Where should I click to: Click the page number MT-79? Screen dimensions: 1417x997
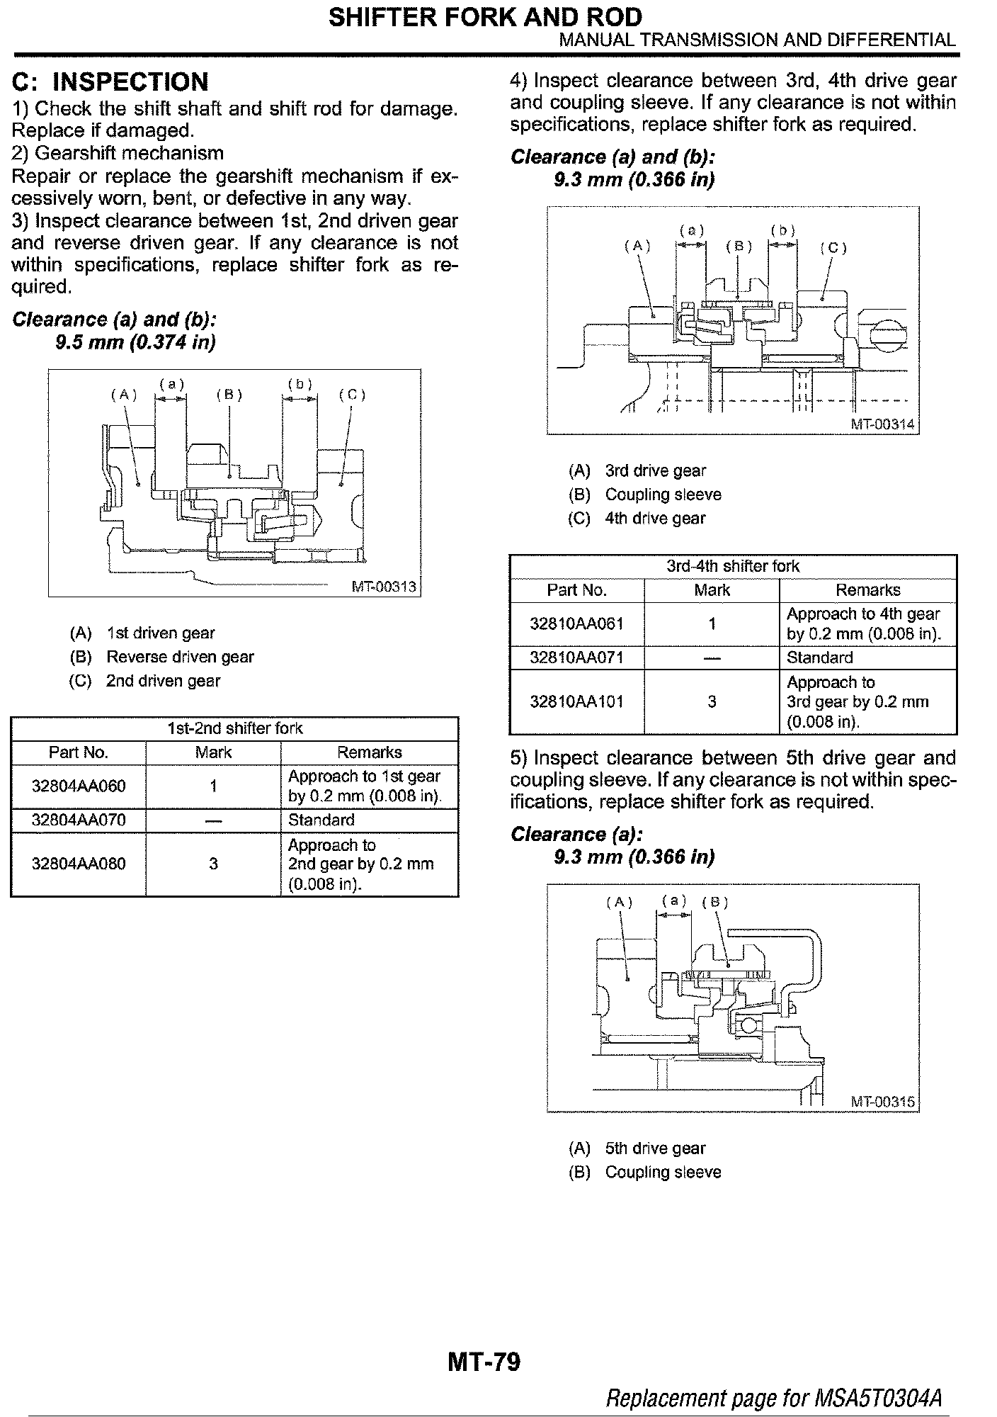pyautogui.click(x=484, y=1361)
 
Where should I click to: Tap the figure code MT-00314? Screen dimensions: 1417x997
pyautogui.click(x=882, y=424)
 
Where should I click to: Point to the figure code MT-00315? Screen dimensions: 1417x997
pyautogui.click(x=882, y=1102)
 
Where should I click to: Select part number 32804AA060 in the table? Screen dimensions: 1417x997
pyautogui.click(x=79, y=786)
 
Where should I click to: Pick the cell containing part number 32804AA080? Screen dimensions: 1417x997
pyautogui.click(x=79, y=864)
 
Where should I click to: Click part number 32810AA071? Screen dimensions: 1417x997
pyautogui.click(x=576, y=657)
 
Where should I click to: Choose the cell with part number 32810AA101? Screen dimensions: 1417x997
pyautogui.click(x=576, y=701)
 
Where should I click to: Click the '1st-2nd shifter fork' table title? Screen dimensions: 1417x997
pyautogui.click(x=234, y=728)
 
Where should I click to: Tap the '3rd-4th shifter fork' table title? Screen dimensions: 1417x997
pyautogui.click(x=733, y=566)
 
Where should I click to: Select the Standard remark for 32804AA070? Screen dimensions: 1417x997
pyautogui.click(x=321, y=820)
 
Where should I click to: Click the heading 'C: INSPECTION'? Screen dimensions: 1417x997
pyautogui.click(x=110, y=82)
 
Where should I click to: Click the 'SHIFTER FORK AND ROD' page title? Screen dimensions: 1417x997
pyautogui.click(x=486, y=16)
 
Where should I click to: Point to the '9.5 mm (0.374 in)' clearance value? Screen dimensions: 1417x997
pyautogui.click(x=135, y=342)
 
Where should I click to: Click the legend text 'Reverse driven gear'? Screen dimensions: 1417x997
pyautogui.click(x=180, y=657)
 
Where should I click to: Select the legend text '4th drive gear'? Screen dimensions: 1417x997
pyautogui.click(x=655, y=518)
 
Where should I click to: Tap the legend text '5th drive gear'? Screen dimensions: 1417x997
pyautogui.click(x=655, y=1148)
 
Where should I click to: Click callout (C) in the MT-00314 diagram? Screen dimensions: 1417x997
pyautogui.click(x=833, y=248)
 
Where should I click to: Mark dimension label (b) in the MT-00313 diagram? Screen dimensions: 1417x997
pyautogui.click(x=300, y=385)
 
